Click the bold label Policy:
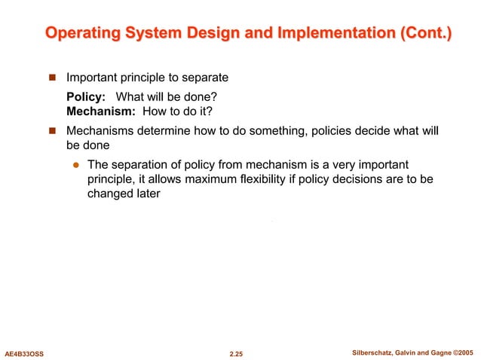pyautogui.click(x=86, y=97)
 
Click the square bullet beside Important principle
pyautogui.click(x=53, y=78)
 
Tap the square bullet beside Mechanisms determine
pyautogui.click(x=53, y=131)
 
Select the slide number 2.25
pyautogui.click(x=240, y=352)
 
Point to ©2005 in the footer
pyautogui.click(x=463, y=352)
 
